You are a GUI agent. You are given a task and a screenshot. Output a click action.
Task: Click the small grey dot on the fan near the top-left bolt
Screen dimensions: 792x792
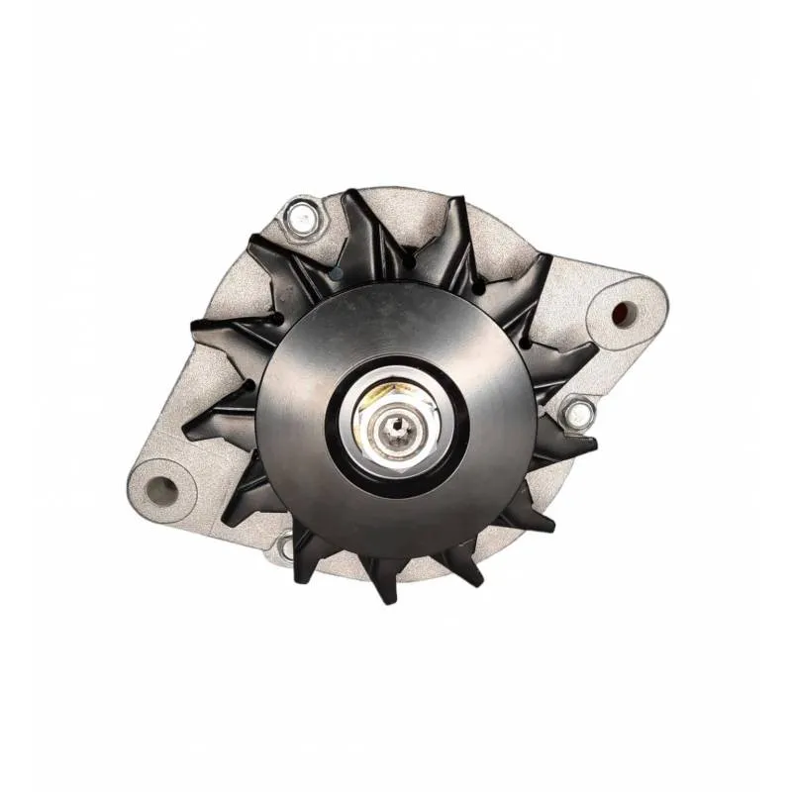(x=337, y=271)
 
